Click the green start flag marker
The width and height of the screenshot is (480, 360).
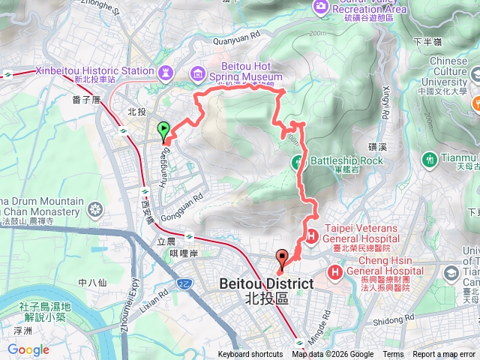164,130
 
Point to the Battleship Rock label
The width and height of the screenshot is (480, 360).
346,160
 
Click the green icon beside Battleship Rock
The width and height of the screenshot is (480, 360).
298,160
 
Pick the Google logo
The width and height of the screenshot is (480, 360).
28,349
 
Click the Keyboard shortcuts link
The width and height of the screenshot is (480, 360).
250,355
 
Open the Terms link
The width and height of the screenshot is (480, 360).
393,355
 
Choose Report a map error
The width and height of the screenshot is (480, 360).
444,355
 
